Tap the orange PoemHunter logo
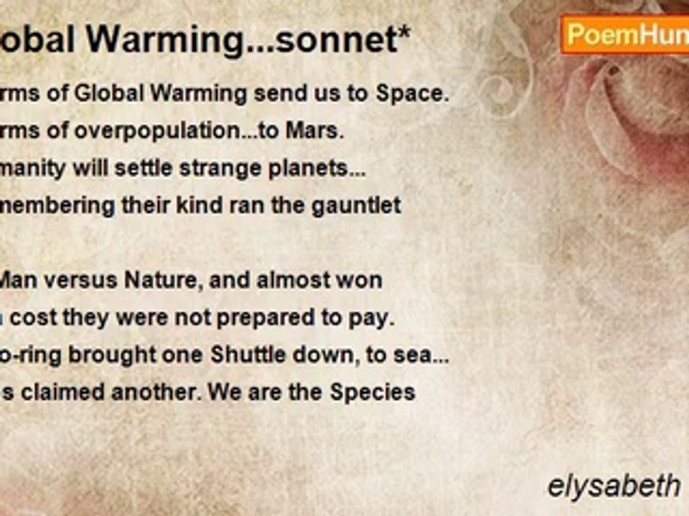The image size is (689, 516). (624, 34)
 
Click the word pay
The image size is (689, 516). (376, 318)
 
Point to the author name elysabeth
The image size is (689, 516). (614, 487)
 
